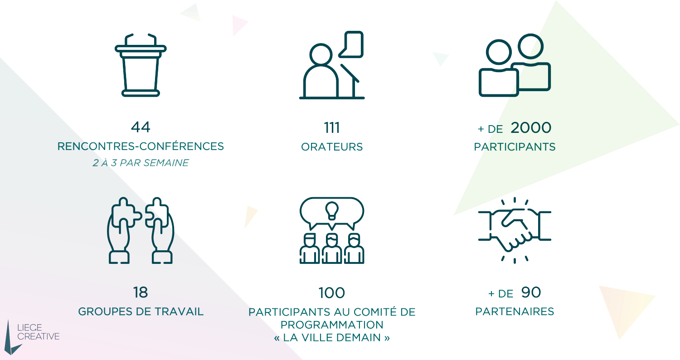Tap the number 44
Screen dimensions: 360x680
[x=141, y=127]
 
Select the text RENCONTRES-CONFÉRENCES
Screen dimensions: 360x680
[x=141, y=146]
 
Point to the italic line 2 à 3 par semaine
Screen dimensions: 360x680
[x=141, y=163]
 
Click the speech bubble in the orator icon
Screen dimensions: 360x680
[x=351, y=44]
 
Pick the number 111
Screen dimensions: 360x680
[x=332, y=128]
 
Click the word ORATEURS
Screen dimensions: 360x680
[x=332, y=147]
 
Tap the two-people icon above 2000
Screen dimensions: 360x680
[x=515, y=66]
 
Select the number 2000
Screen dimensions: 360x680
[x=531, y=128]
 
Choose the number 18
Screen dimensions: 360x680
[x=141, y=292]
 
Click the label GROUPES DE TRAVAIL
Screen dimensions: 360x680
[x=141, y=312]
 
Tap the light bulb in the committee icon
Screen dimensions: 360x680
[x=332, y=209]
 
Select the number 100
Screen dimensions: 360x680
[x=332, y=293]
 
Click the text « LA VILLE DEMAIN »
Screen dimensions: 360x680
[x=332, y=338]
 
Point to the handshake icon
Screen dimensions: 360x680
[x=515, y=230]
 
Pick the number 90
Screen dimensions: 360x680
[x=531, y=292]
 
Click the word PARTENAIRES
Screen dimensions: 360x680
[x=515, y=312]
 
